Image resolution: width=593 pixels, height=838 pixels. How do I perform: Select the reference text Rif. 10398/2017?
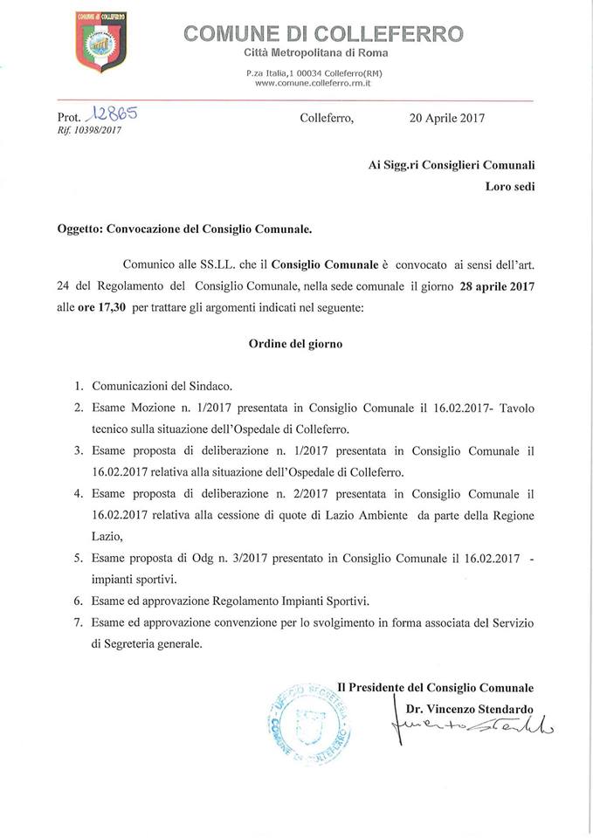point(88,130)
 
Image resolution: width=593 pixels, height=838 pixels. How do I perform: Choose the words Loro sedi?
point(510,185)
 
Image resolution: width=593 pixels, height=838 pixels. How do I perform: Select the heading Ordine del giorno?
point(294,344)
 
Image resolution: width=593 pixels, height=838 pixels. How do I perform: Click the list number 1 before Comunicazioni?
point(79,385)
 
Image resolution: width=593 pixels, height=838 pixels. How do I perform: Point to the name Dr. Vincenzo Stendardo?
point(469,708)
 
